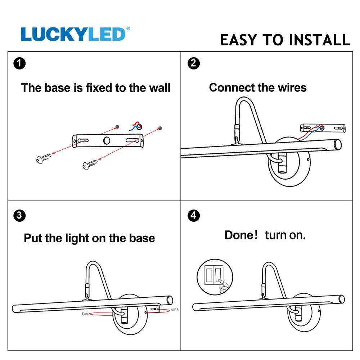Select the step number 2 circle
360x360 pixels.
[x=193, y=64]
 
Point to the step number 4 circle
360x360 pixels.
[x=193, y=216]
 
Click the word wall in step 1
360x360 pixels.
[x=158, y=88]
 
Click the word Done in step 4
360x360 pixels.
[x=239, y=235]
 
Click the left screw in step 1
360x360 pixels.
[x=44, y=158]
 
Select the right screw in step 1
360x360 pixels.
[x=90, y=165]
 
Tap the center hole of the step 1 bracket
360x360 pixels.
[x=107, y=140]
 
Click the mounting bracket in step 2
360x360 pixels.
[x=323, y=128]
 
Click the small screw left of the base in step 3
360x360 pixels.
[x=85, y=314]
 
